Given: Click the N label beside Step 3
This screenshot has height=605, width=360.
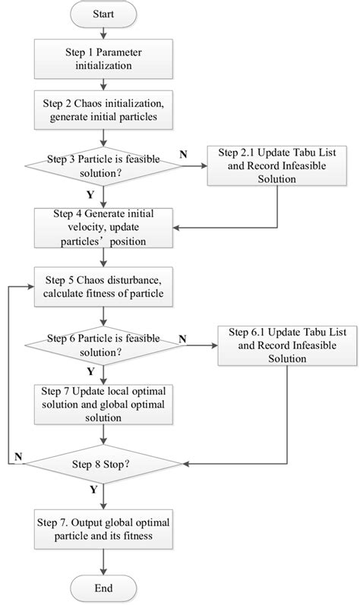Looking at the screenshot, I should point(183,154).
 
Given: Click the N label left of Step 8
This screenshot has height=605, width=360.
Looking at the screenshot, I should point(17,456).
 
